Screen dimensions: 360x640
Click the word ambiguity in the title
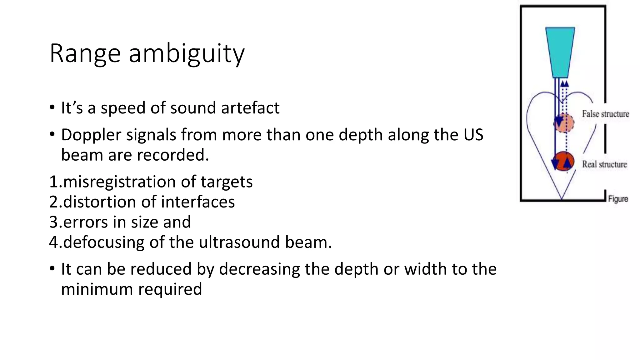pyautogui.click(x=187, y=54)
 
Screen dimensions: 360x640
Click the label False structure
pyautogui.click(x=605, y=114)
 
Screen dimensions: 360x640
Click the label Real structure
pyautogui.click(x=604, y=164)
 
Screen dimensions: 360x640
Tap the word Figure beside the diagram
pyautogui.click(x=618, y=199)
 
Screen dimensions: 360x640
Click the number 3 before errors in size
pyautogui.click(x=54, y=222)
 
